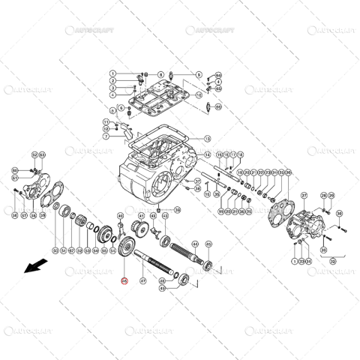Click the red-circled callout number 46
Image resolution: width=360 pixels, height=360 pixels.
click(x=124, y=283)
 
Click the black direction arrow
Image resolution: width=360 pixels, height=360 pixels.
click(x=34, y=266)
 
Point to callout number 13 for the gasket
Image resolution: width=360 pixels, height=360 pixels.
click(x=208, y=139)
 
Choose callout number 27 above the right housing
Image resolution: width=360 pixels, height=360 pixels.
click(x=106, y=136)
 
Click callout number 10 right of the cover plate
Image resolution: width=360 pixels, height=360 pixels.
click(x=199, y=96)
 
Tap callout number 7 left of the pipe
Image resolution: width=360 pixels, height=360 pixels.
click(x=106, y=136)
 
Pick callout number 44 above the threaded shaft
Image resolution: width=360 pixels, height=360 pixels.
click(x=195, y=244)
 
